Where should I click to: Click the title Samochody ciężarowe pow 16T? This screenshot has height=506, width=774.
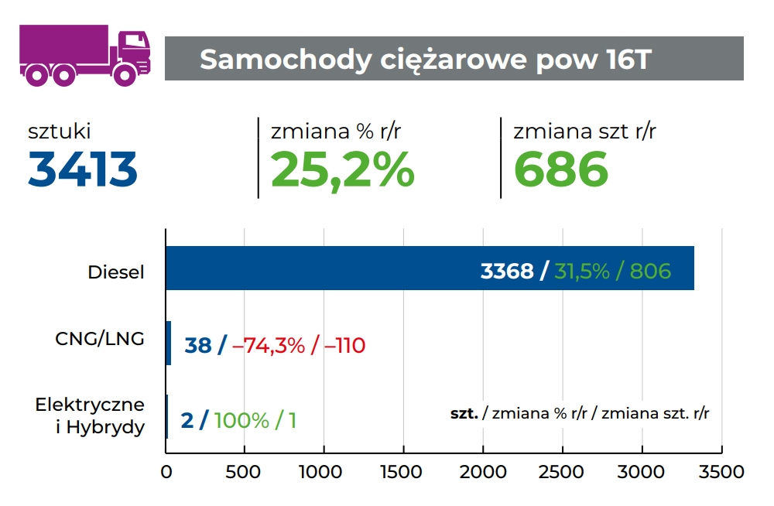point(426,60)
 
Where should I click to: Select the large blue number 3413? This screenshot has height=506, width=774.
point(83,169)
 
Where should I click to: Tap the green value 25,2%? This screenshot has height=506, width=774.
point(342,169)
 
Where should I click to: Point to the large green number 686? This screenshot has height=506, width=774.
point(561,169)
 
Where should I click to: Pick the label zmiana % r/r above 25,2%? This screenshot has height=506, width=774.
point(335,132)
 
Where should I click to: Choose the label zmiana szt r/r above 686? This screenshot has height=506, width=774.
point(584,132)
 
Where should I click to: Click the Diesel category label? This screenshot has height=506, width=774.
point(116,272)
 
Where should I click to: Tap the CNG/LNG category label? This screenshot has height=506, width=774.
point(100,339)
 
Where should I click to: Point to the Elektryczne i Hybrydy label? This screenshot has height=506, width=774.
point(90,415)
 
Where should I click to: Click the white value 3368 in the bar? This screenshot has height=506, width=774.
point(507,271)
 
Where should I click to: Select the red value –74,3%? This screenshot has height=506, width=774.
point(269,345)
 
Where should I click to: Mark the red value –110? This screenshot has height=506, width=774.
point(344,345)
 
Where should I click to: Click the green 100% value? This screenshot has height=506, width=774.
point(241,421)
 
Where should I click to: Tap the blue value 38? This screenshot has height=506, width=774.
point(198,345)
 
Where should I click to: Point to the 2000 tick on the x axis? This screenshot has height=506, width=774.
point(483,472)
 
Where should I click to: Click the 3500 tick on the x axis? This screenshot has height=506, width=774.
point(721,472)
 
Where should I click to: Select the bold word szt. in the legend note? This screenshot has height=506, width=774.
point(464,414)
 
